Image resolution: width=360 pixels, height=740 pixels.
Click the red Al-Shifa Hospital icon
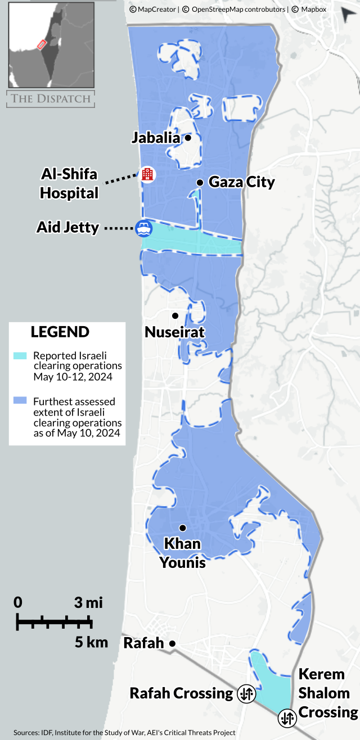pyautogui.click(x=147, y=174)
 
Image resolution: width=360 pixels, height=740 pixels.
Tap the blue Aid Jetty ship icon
pyautogui.click(x=143, y=228)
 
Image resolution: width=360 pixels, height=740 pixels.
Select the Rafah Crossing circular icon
pyautogui.click(x=246, y=693)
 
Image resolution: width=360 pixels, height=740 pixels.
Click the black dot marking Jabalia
pyautogui.click(x=188, y=137)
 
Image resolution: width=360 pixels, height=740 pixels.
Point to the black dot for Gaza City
pyautogui.click(x=200, y=182)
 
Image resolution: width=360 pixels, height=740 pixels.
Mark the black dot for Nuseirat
pyautogui.click(x=175, y=315)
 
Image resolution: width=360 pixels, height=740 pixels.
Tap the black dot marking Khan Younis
pyautogui.click(x=182, y=527)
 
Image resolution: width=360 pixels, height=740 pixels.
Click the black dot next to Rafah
pyautogui.click(x=173, y=643)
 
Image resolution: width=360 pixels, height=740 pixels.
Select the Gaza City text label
pyautogui.click(x=241, y=182)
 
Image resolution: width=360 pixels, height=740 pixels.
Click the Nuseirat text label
pyautogui.click(x=174, y=332)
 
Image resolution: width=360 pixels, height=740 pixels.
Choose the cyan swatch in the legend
pyautogui.click(x=20, y=356)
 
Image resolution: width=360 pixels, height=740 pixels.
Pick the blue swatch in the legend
pyautogui.click(x=20, y=401)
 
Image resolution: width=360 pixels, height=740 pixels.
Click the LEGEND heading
pyautogui.click(x=60, y=332)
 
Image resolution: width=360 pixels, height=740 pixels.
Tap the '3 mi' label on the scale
pyautogui.click(x=88, y=603)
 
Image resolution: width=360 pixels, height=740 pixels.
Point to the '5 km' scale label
pyautogui.click(x=91, y=642)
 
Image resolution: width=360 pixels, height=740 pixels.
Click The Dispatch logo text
pyautogui.click(x=51, y=98)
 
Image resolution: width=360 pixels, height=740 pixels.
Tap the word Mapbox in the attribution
pyautogui.click(x=313, y=10)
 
